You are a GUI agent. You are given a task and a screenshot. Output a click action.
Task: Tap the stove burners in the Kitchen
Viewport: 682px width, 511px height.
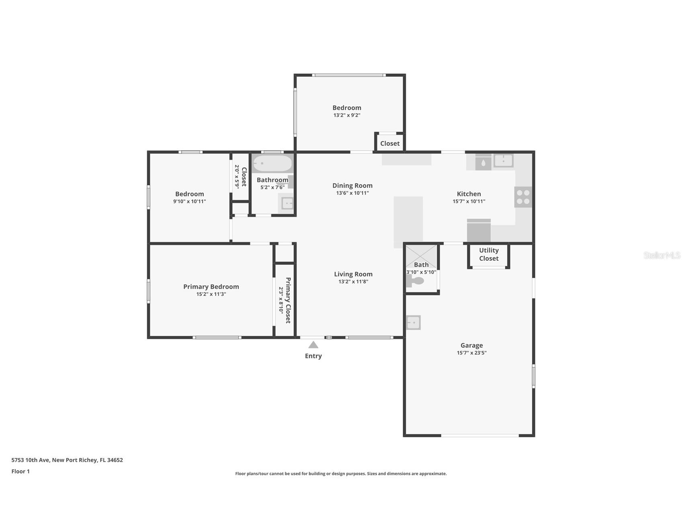523,197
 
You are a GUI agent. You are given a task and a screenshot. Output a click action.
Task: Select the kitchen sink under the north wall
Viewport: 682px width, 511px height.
503,160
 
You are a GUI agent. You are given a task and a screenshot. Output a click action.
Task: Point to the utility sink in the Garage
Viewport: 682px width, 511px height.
413,322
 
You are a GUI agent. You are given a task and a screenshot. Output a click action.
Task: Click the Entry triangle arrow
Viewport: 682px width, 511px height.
313,345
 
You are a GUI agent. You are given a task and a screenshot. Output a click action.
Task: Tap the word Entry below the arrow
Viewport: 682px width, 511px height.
313,356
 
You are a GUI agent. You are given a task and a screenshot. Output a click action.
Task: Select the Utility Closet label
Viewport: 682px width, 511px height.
489,254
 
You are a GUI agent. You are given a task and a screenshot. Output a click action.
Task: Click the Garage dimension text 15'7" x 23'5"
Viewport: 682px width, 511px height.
471,353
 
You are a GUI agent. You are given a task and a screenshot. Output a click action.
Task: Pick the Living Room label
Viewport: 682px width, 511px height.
353,274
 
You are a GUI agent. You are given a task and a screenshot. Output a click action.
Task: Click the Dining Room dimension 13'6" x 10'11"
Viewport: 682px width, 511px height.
352,193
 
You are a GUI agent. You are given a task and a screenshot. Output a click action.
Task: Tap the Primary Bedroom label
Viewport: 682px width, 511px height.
211,286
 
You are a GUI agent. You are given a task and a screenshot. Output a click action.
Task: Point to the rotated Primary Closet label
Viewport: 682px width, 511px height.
288,300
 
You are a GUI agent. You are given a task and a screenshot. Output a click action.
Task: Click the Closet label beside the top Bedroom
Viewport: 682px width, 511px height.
390,143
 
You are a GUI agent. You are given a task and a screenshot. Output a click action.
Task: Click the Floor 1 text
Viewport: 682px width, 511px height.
20,471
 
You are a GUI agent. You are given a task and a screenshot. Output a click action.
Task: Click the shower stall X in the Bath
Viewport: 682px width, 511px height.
421,256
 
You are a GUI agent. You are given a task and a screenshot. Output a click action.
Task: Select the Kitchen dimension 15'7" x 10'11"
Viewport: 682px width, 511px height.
469,201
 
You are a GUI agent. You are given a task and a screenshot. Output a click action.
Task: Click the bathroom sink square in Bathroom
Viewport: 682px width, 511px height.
287,203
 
